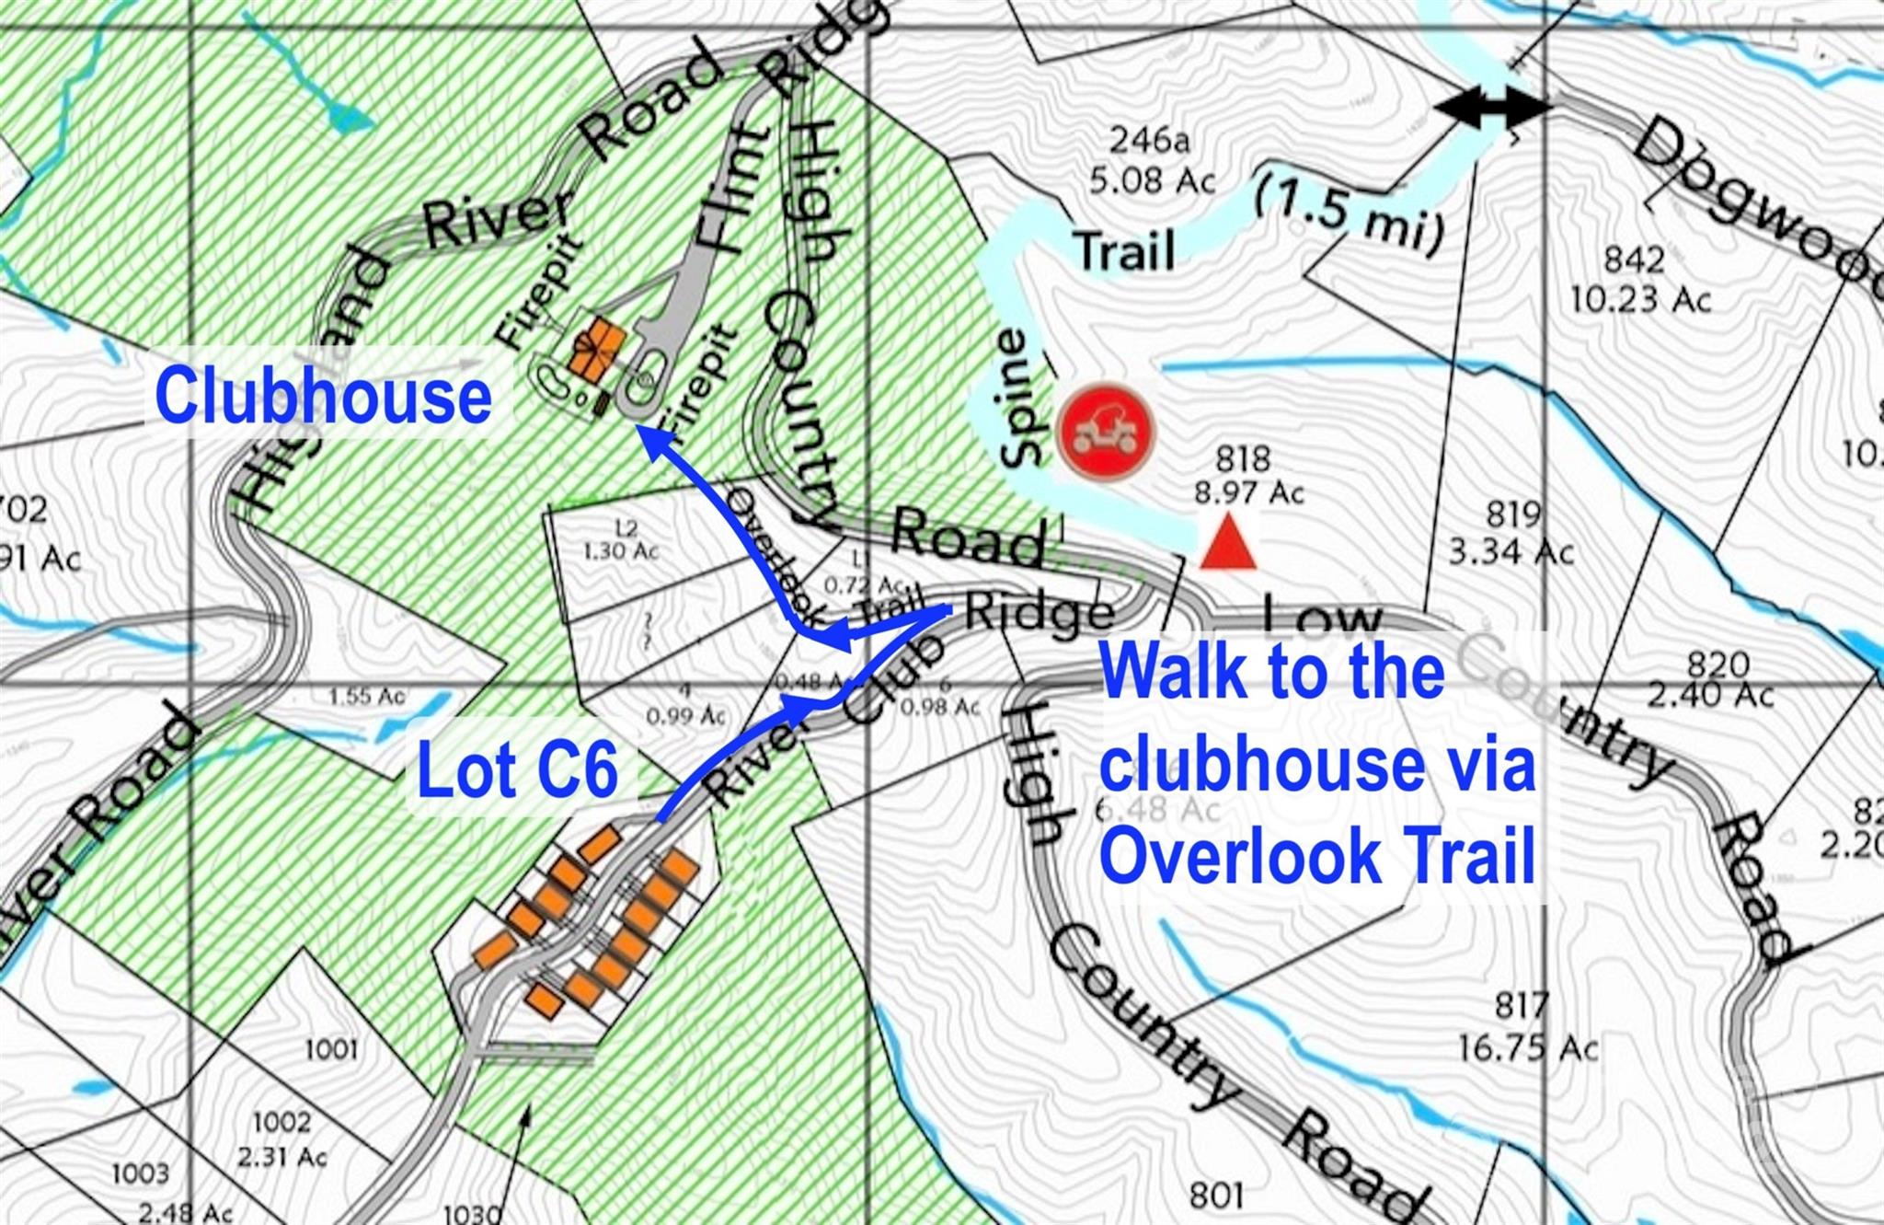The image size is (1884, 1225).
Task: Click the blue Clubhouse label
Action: pos(323,396)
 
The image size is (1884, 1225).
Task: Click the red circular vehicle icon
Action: pos(1105,433)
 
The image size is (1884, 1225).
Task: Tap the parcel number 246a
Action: pos(1150,140)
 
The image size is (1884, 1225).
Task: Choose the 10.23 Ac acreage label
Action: pos(1641,299)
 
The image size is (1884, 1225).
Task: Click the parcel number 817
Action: pos(1522,1005)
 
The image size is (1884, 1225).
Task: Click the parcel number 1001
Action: pos(331,1048)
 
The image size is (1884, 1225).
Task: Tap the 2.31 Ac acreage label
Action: pos(281,1157)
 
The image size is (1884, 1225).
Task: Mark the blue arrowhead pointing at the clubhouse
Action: pos(651,440)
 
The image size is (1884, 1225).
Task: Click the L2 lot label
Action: pos(626,529)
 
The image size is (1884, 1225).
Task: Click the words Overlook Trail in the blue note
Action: pos(1317,856)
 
